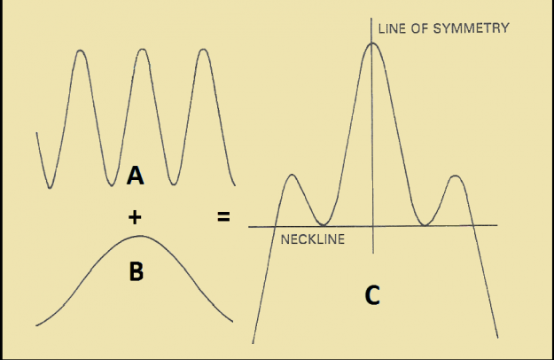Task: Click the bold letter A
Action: click(x=136, y=176)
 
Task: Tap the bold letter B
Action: click(x=137, y=271)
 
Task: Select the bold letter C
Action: click(x=372, y=295)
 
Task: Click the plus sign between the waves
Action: click(x=135, y=217)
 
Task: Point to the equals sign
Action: click(x=223, y=216)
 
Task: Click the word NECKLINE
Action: click(x=313, y=239)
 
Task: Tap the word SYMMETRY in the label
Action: click(x=471, y=28)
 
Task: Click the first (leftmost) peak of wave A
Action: click(x=81, y=51)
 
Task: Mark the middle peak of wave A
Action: click(x=142, y=50)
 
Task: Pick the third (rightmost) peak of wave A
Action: click(x=204, y=50)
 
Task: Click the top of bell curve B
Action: click(x=140, y=236)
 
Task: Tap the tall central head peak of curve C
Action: click(x=372, y=43)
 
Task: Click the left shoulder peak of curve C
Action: click(x=292, y=175)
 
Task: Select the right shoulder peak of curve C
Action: click(x=456, y=176)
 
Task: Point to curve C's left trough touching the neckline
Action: click(x=323, y=224)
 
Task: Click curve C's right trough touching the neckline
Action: click(x=425, y=224)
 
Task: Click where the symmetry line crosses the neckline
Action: click(x=373, y=226)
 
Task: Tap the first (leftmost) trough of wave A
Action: click(x=50, y=187)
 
